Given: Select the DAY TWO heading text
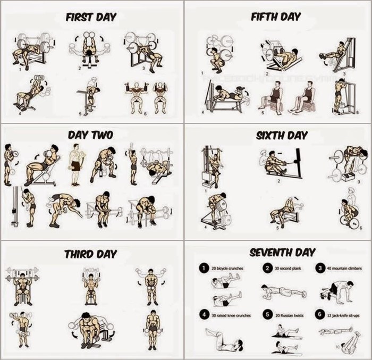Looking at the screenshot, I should click(90, 135).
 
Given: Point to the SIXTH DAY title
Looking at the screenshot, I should click(282, 135).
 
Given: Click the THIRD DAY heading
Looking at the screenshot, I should click(90, 254).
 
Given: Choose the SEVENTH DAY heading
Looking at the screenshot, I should click(282, 252).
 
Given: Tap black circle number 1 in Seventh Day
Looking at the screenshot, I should click(202, 269).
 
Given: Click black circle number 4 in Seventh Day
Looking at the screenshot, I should click(202, 315).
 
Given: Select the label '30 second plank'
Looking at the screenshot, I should click(289, 269).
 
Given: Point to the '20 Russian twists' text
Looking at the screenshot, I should click(288, 315).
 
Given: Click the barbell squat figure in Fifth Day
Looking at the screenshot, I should click(218, 53).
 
